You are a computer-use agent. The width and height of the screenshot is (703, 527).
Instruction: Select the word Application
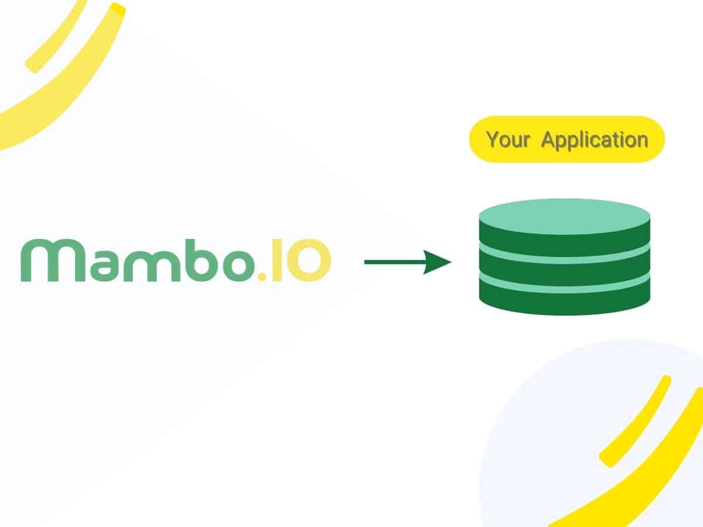(594, 141)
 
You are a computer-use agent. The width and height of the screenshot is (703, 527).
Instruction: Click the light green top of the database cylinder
(564, 215)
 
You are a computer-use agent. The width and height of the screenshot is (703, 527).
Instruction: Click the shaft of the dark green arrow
(393, 262)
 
